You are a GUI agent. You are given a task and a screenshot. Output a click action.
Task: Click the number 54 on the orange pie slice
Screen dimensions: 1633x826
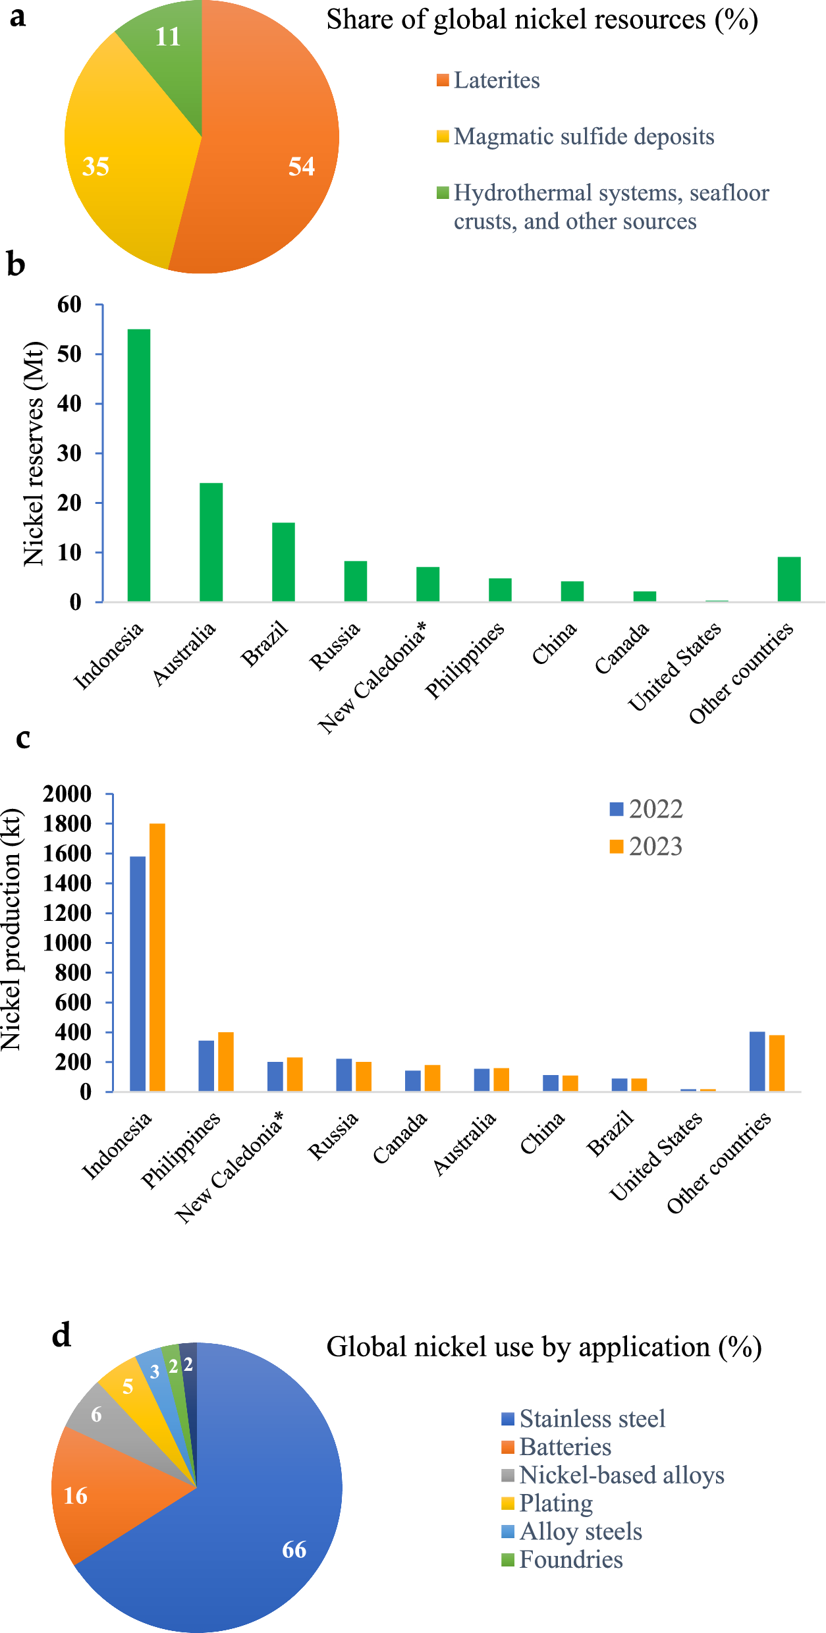pos(302,166)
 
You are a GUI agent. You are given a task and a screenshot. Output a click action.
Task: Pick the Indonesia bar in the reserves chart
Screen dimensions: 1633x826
pos(139,464)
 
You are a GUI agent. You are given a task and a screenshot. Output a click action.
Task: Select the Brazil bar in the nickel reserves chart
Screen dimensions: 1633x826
pos(283,561)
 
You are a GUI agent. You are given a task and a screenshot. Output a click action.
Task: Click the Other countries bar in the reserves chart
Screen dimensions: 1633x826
pos(788,579)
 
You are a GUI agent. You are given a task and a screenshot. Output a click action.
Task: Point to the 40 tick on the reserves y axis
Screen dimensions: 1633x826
pos(69,404)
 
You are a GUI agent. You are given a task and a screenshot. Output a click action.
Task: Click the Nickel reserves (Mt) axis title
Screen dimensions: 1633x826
pos(34,453)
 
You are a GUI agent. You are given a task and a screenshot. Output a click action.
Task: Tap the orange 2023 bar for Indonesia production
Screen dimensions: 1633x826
pos(157,957)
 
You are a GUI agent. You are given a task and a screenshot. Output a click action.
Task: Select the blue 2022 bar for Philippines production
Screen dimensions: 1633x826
pos(206,1066)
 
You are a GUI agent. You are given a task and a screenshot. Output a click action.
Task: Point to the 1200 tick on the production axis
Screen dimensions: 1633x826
pos(67,913)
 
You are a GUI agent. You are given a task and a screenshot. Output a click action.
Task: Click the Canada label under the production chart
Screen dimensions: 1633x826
pos(400,1138)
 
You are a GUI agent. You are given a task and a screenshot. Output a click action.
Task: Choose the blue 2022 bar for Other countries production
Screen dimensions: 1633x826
pos(757,1061)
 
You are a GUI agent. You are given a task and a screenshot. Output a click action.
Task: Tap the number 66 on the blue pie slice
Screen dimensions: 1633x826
pos(294,1549)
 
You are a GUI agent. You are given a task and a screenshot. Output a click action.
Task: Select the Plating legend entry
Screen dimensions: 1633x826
pos(555,1503)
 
